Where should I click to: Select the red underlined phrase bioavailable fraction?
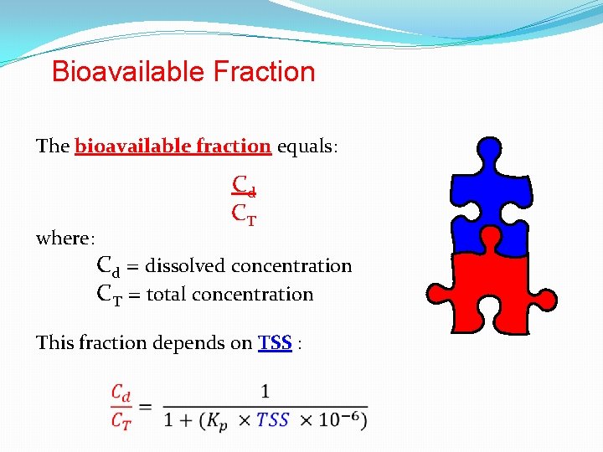(173, 146)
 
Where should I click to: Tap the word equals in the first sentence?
(306, 146)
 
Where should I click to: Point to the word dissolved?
(188, 266)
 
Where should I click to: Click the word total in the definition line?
(170, 295)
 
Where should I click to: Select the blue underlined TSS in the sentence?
(275, 343)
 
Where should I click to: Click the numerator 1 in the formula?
(265, 391)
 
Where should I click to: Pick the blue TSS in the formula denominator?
(273, 419)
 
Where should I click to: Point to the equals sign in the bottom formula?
(144, 406)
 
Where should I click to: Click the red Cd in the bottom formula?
(121, 392)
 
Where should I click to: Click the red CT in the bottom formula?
(121, 420)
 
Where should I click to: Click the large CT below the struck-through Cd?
(244, 214)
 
